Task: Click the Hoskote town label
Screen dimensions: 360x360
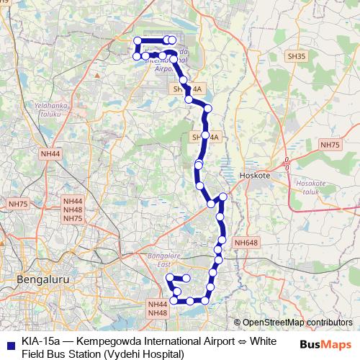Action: pos(253,175)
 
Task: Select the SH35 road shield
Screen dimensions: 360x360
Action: pos(297,55)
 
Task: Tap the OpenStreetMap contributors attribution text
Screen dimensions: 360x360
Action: pos(297,323)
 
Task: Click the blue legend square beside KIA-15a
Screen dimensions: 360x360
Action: pos(10,343)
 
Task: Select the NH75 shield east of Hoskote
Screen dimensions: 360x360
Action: pos(330,145)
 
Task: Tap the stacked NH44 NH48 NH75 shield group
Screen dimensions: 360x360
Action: pos(73,210)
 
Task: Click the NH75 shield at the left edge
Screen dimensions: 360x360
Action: pos(17,204)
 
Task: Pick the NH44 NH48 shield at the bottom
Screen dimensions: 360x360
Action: pos(157,308)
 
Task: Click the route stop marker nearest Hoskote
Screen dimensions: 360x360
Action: pos(223,197)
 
